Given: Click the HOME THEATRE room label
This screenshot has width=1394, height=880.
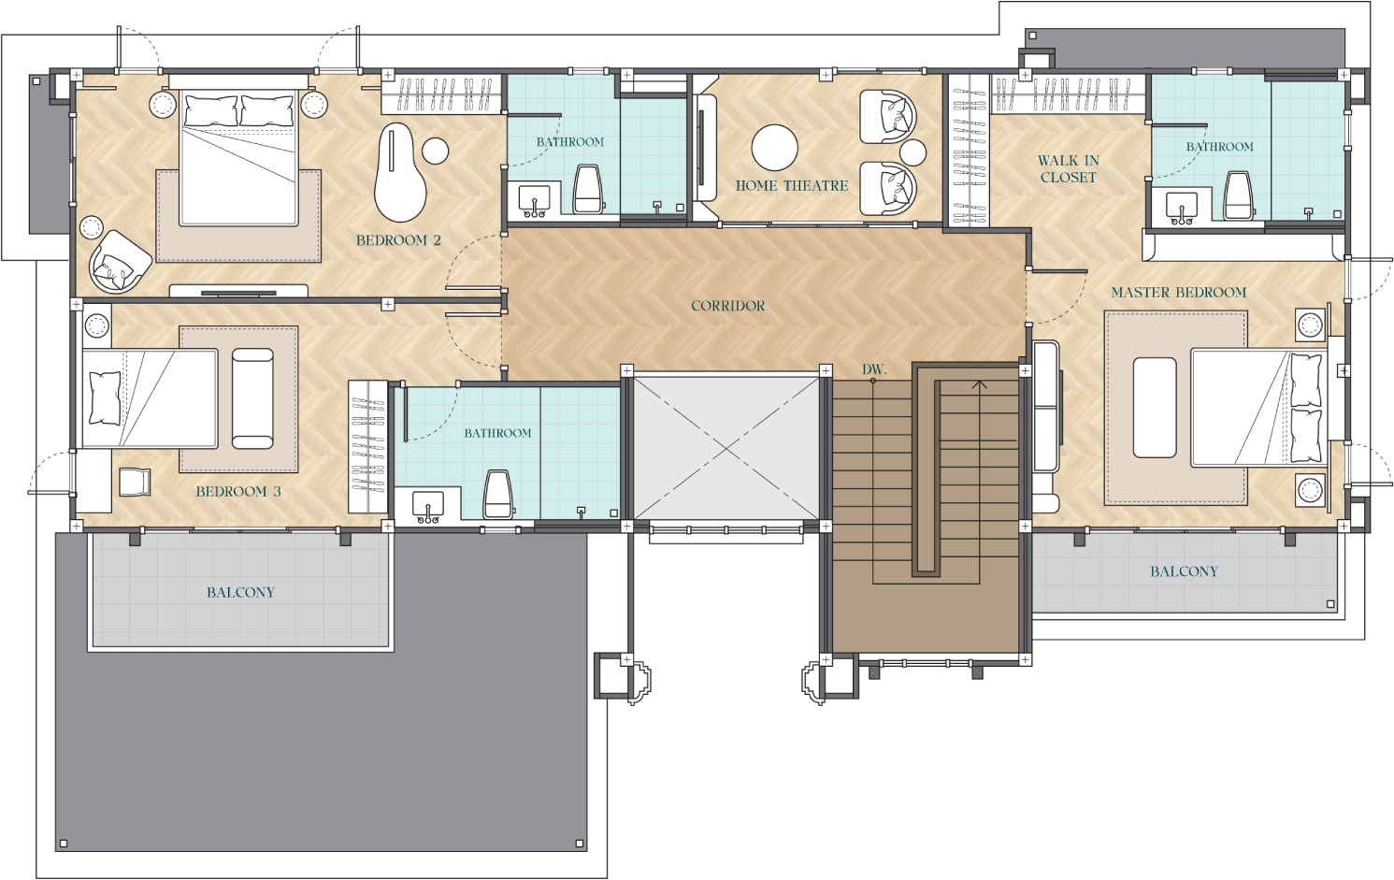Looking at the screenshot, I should [791, 186].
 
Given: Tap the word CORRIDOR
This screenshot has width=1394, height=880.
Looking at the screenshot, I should [727, 306].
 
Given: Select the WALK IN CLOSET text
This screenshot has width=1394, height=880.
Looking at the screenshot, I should [1068, 169].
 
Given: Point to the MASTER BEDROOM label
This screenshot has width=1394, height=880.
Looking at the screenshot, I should [1178, 293].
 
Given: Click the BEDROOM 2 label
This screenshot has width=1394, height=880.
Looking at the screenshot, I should [398, 240].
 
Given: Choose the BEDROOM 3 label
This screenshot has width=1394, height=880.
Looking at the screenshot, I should [237, 492].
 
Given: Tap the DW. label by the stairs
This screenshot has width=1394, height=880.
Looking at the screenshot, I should [873, 369].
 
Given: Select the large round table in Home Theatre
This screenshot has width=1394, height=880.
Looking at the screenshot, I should [774, 148].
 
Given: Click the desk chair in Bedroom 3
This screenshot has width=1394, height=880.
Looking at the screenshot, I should [135, 481].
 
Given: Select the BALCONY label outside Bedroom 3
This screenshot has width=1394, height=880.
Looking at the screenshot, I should [240, 592].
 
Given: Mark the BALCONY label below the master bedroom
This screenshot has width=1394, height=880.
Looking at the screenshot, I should [1184, 571].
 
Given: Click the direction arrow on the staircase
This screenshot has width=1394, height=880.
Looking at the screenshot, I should [979, 384].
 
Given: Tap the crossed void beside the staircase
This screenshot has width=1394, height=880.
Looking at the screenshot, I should [726, 448].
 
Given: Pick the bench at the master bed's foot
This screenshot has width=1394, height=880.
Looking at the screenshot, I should [1155, 407].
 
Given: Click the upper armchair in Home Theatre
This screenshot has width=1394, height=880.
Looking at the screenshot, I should [886, 116].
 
